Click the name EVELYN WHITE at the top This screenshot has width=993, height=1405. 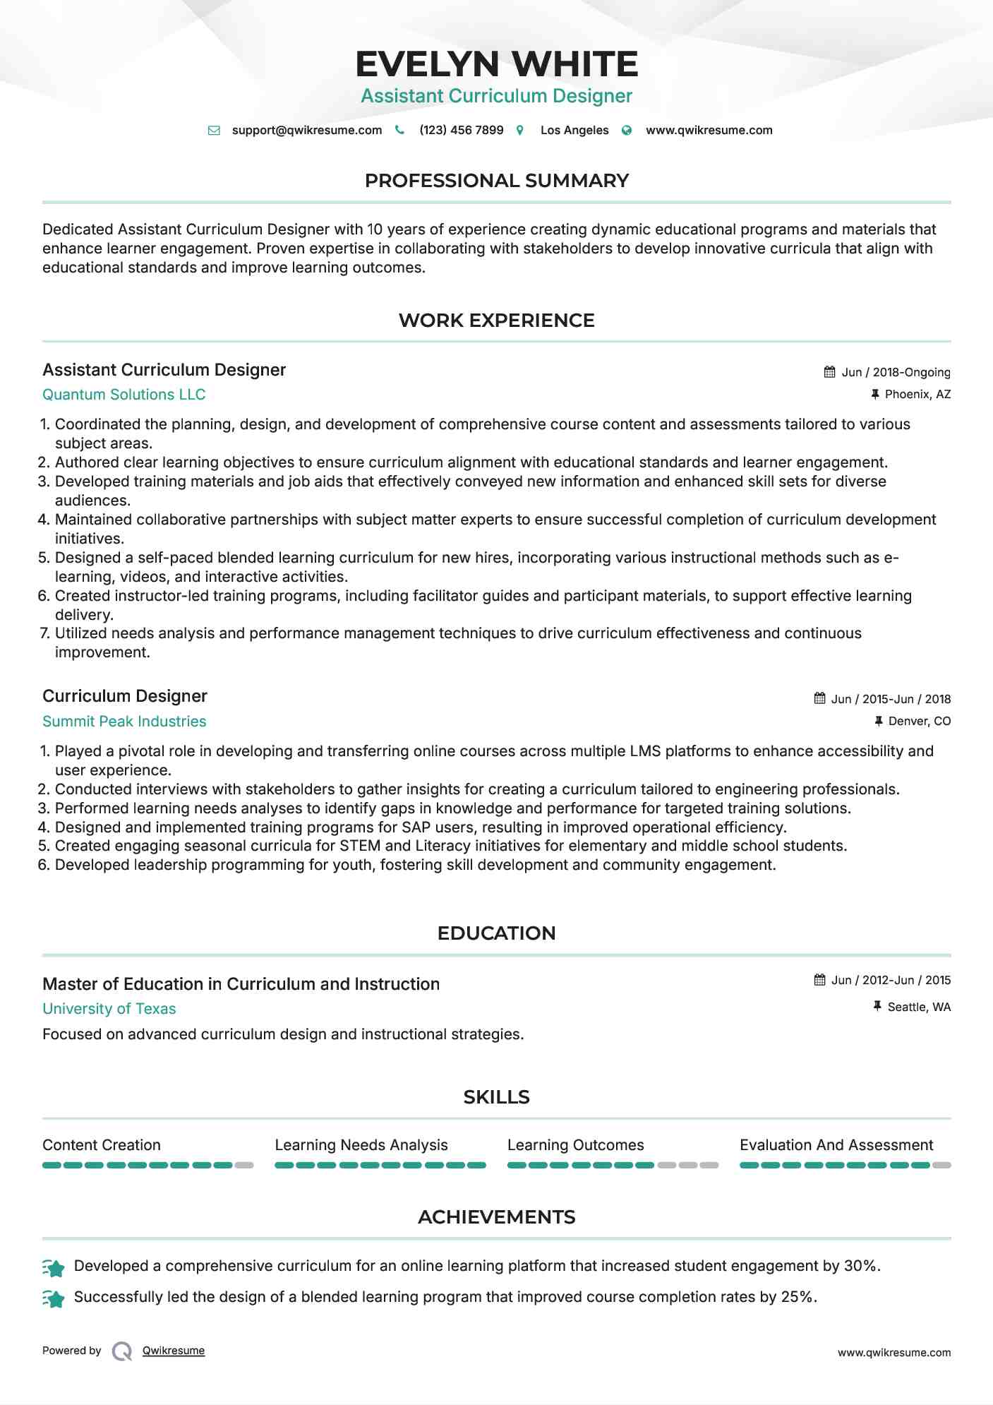coord(496,64)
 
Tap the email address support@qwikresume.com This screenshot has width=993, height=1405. coord(306,130)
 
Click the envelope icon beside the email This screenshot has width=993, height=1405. coord(214,130)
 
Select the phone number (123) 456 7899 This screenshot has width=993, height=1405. coord(461,130)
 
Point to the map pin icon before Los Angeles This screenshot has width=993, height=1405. coord(520,130)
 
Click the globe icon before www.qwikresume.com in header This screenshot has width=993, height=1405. coord(627,130)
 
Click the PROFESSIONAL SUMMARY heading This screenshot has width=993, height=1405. coord(496,181)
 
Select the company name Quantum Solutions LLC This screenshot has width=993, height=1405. coord(124,395)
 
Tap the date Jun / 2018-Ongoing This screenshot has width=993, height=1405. coord(896,372)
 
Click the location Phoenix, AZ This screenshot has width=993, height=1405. coord(917,394)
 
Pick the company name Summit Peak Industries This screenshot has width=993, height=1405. coord(124,722)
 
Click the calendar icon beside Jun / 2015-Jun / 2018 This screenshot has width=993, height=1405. coord(819,698)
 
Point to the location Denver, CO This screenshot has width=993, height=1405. coord(919,721)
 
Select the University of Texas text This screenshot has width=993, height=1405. coord(109,1009)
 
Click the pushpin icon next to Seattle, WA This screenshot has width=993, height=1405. coord(877,1006)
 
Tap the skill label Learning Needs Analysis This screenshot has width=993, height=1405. coord(361,1145)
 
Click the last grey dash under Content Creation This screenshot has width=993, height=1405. coord(244,1166)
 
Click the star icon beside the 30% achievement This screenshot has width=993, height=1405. coord(54,1268)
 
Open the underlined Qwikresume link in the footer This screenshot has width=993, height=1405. coord(173,1351)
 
